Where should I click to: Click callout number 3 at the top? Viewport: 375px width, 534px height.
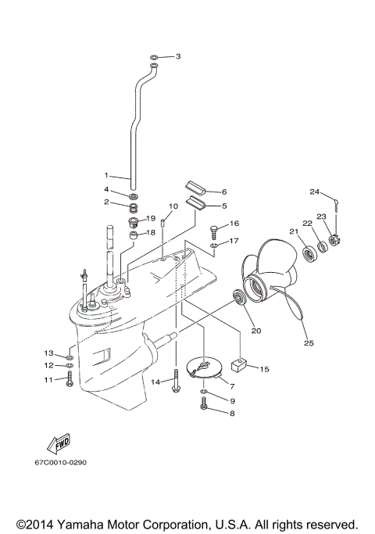(178, 56)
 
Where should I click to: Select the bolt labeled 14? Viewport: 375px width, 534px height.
(176, 382)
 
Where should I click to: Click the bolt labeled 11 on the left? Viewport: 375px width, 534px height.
(70, 379)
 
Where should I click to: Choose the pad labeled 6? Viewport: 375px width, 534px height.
(195, 190)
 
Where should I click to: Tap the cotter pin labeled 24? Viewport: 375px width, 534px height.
(336, 205)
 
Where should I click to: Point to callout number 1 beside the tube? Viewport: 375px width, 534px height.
(108, 175)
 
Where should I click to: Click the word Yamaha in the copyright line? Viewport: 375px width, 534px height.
(83, 523)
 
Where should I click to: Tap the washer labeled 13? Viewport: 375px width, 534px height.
(70, 354)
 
